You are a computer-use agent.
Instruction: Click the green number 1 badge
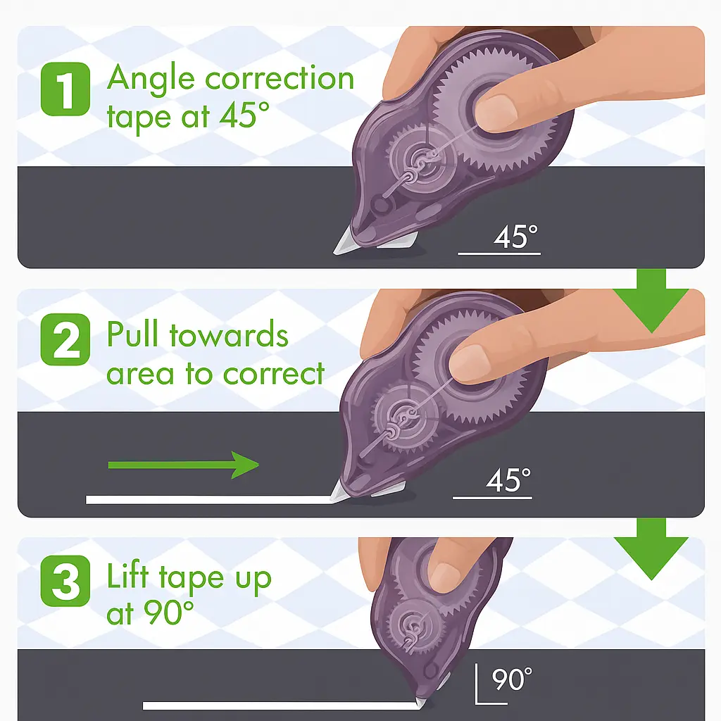pos(65,88)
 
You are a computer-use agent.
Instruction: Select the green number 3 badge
pos(65,582)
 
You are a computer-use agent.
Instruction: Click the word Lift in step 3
pos(129,577)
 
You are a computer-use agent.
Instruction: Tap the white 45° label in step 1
pos(516,237)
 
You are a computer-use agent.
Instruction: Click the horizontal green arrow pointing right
pos(183,465)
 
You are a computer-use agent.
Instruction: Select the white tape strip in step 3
pos(275,705)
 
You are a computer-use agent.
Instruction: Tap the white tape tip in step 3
pos(420,703)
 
